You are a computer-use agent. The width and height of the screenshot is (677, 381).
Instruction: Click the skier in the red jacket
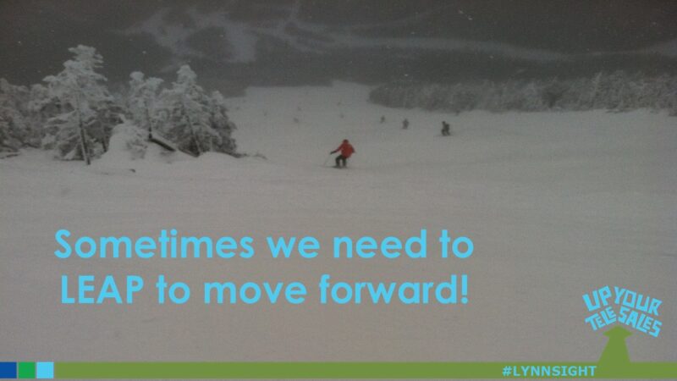343,152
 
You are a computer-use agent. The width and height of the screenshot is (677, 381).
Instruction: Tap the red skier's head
344,141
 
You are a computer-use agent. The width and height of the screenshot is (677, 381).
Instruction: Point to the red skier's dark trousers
340,160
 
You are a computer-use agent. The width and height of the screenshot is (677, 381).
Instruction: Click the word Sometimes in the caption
153,246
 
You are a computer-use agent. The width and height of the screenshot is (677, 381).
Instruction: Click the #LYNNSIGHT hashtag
548,371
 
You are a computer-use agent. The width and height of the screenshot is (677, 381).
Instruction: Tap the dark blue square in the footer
8,370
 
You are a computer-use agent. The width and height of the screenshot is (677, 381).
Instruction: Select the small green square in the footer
26,370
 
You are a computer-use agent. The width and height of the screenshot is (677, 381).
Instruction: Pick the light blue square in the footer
45,370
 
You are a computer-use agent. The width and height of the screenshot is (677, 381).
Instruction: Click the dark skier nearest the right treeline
445,129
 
